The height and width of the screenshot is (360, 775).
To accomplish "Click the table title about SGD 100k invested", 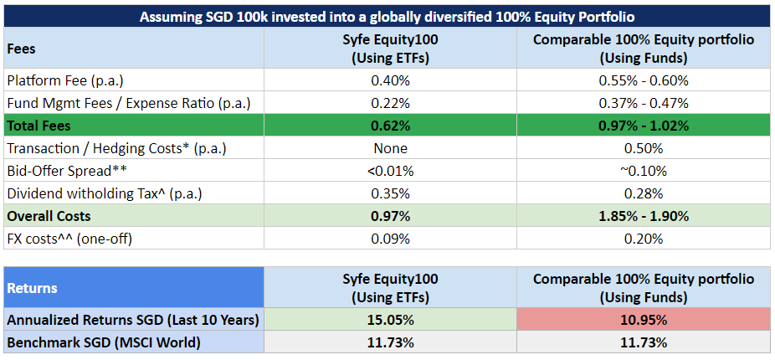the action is click(x=387, y=17).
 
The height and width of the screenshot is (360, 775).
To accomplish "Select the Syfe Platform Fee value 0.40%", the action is click(x=391, y=80).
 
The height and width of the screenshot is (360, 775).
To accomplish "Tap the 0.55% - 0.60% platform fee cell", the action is click(x=644, y=80).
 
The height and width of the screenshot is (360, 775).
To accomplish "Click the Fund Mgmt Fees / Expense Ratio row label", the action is click(x=129, y=103).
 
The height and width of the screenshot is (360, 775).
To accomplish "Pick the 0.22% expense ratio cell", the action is click(x=391, y=103).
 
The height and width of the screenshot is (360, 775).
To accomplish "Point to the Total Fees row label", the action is click(x=38, y=126).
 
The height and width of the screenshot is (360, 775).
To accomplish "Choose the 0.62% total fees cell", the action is click(x=391, y=126).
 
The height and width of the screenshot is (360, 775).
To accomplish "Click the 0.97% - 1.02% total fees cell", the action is click(x=644, y=126).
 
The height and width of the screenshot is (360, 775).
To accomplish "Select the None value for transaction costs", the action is click(x=391, y=148).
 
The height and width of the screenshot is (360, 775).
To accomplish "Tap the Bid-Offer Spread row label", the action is click(x=67, y=171).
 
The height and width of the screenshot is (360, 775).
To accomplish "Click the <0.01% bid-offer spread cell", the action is click(x=391, y=171).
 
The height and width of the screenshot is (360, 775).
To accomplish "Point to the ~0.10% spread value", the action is click(x=644, y=171).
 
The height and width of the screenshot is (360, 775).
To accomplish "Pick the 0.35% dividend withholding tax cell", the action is click(x=391, y=194).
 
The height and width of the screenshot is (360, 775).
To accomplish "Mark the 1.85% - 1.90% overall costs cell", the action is click(x=644, y=216).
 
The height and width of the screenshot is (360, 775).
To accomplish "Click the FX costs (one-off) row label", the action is click(x=69, y=239).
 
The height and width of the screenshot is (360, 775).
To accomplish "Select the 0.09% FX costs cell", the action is click(x=391, y=239).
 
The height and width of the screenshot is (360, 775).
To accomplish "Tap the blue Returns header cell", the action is click(x=133, y=288).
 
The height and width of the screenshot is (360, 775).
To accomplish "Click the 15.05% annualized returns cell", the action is click(x=391, y=321).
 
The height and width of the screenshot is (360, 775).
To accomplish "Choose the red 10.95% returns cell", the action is click(x=644, y=321).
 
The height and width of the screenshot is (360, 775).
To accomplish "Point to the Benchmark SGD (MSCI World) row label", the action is click(x=104, y=342).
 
